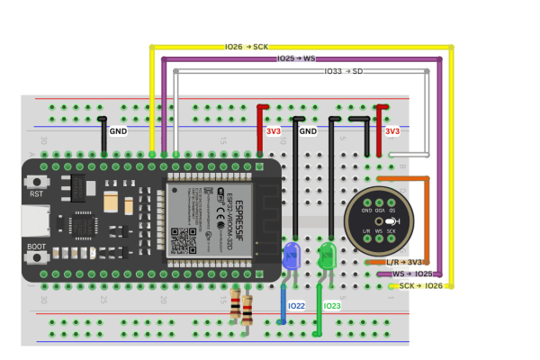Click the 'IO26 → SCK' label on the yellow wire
click(x=247, y=46)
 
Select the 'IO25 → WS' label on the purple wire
click(x=296, y=58)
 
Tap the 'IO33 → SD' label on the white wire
click(x=344, y=69)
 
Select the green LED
click(x=326, y=255)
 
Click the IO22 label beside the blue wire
click(x=296, y=307)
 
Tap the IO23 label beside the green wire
click(x=333, y=307)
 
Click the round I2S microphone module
click(x=379, y=221)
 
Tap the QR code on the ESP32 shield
click(x=184, y=240)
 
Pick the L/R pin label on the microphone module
click(x=366, y=231)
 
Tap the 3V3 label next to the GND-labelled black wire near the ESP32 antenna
click(x=274, y=131)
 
